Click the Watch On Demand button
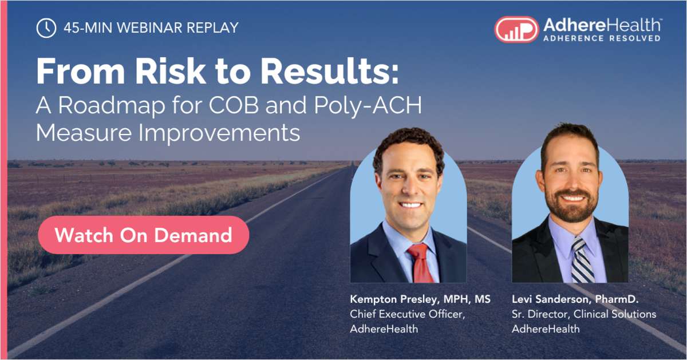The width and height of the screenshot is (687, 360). pyautogui.click(x=143, y=235)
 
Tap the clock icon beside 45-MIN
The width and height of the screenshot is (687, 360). pyautogui.click(x=46, y=27)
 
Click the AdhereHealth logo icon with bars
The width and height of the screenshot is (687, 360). pyautogui.click(x=516, y=29)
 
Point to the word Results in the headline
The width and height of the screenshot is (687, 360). pyautogui.click(x=331, y=72)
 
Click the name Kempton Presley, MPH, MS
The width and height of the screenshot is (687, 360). pyautogui.click(x=420, y=299)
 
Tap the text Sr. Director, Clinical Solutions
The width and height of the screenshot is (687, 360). pyautogui.click(x=584, y=314)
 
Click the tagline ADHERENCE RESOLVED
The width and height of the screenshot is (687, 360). pyautogui.click(x=601, y=38)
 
